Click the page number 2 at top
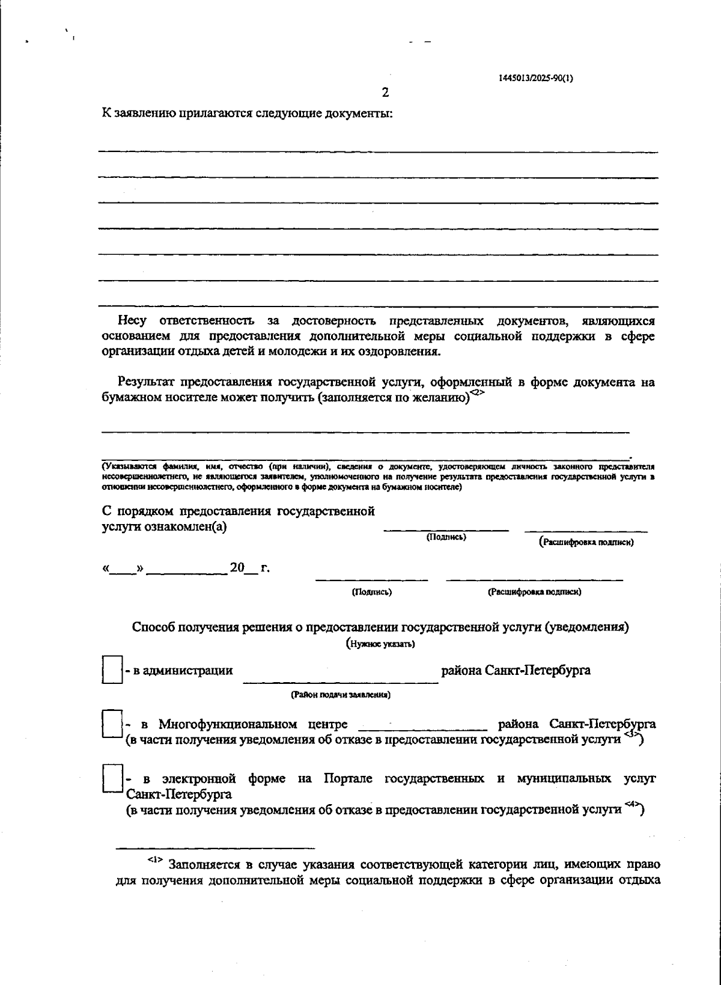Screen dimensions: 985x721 point(385,93)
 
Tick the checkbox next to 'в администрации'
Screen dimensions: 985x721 point(112,669)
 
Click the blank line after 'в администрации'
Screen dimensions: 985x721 point(341,678)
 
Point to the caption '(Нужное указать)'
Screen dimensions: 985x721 point(380,644)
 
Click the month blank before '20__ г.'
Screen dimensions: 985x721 point(186,569)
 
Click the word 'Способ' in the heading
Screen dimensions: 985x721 point(153,627)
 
